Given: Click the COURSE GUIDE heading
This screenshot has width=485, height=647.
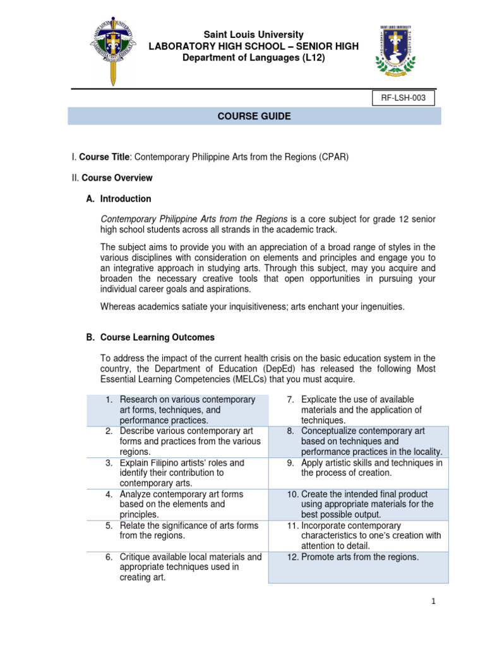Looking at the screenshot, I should (254, 116).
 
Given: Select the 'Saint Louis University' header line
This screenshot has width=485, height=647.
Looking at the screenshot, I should (253, 35).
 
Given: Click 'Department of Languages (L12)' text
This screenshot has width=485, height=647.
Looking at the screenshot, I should (253, 58).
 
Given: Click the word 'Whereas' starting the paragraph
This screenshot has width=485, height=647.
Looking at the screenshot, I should (117, 307).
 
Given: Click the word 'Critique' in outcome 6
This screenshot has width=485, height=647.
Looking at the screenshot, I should (136, 557).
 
